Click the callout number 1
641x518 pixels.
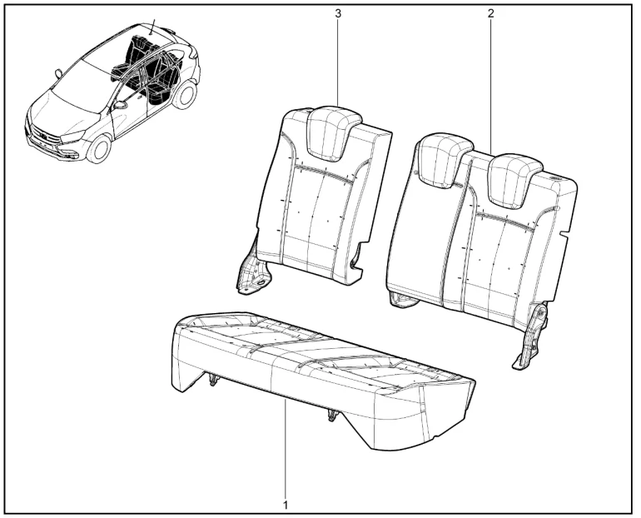tap(286, 505)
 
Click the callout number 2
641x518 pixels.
tap(490, 13)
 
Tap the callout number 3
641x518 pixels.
tap(338, 13)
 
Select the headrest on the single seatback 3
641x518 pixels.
tap(333, 134)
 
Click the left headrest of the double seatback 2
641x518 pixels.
tap(445, 160)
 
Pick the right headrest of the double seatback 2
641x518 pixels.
tap(515, 180)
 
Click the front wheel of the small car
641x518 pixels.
tap(99, 148)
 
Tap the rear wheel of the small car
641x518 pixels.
tap(186, 95)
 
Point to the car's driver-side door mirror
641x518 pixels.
tap(120, 105)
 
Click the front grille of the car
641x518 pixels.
tap(44, 135)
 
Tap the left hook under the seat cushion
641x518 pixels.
tap(212, 380)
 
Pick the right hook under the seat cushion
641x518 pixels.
tap(331, 415)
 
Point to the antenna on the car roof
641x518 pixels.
tap(153, 27)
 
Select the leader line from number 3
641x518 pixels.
tap(338, 62)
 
